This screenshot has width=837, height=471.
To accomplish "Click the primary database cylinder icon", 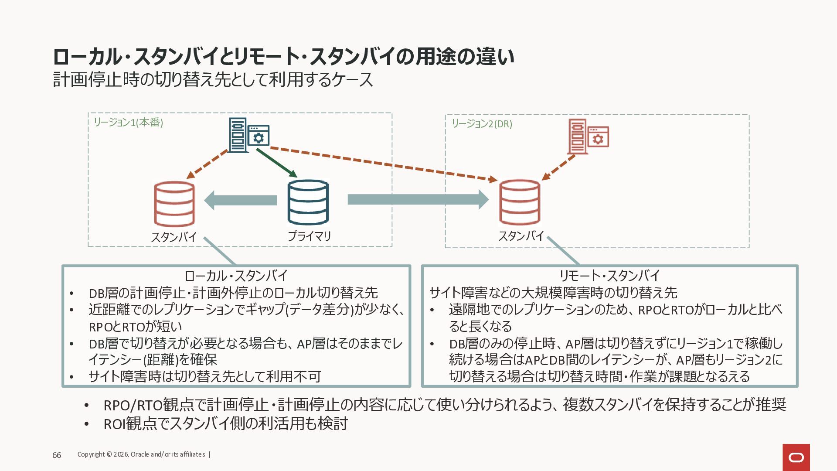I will [x=308, y=202].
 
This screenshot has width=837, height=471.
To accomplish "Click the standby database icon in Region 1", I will [x=174, y=204].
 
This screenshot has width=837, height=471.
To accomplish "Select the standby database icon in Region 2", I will [x=520, y=202].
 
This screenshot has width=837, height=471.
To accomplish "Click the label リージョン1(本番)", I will [x=128, y=123].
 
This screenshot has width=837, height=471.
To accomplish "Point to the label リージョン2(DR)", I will [x=482, y=124].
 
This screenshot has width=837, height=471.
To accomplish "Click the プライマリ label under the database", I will [x=309, y=236].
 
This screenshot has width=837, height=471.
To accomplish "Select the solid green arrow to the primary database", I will [x=276, y=163].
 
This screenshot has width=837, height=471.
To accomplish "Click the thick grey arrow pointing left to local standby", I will [x=241, y=200].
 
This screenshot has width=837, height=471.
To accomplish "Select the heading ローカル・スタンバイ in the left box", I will [x=236, y=276].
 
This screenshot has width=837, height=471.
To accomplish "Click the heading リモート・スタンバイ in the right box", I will [x=609, y=276].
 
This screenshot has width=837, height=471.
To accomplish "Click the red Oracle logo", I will [x=796, y=457].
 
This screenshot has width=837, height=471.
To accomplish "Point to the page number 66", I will [x=57, y=455].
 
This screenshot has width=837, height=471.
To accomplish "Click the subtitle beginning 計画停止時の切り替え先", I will [x=213, y=80].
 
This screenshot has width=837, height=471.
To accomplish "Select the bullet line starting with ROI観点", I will [x=225, y=423].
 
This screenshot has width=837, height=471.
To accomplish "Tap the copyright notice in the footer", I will [x=141, y=454].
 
